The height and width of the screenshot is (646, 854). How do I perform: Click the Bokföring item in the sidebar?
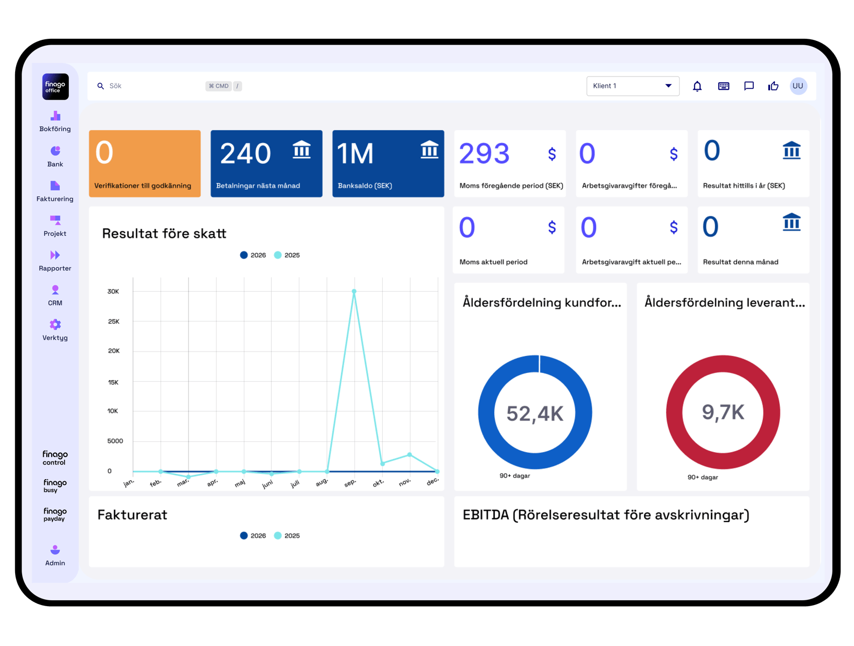pos(55,121)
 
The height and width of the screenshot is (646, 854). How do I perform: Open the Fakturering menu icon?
pos(55,186)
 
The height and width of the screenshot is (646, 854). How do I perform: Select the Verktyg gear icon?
pos(55,324)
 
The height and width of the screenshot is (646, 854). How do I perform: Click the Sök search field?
pos(151,86)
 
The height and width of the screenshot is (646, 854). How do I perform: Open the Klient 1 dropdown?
pos(632,86)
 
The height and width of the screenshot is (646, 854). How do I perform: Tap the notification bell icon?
pos(697,86)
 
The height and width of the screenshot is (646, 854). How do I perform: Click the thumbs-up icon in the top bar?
pos(773,86)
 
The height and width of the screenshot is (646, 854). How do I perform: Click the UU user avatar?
pos(798,86)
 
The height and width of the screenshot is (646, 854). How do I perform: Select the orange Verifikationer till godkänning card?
pos(144,164)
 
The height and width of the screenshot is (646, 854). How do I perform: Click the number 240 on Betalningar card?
pos(246,154)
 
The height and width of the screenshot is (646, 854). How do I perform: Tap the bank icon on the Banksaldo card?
pos(429,150)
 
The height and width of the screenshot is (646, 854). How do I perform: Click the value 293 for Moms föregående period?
pos(484,154)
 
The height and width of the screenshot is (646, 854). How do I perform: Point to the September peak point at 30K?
pos(354,291)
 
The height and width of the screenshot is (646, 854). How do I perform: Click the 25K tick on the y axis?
pos(114,321)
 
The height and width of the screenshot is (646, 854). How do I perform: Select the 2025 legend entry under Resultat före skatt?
pos(287,255)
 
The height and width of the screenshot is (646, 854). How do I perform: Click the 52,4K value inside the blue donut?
pos(535,413)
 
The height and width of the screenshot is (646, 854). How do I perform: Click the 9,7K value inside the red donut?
pos(723,412)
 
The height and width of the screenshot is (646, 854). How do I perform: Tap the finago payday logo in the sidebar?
pos(55,514)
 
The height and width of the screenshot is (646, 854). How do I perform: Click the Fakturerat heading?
pos(132,515)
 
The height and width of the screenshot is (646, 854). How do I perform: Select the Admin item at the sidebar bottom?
pos(55,555)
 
